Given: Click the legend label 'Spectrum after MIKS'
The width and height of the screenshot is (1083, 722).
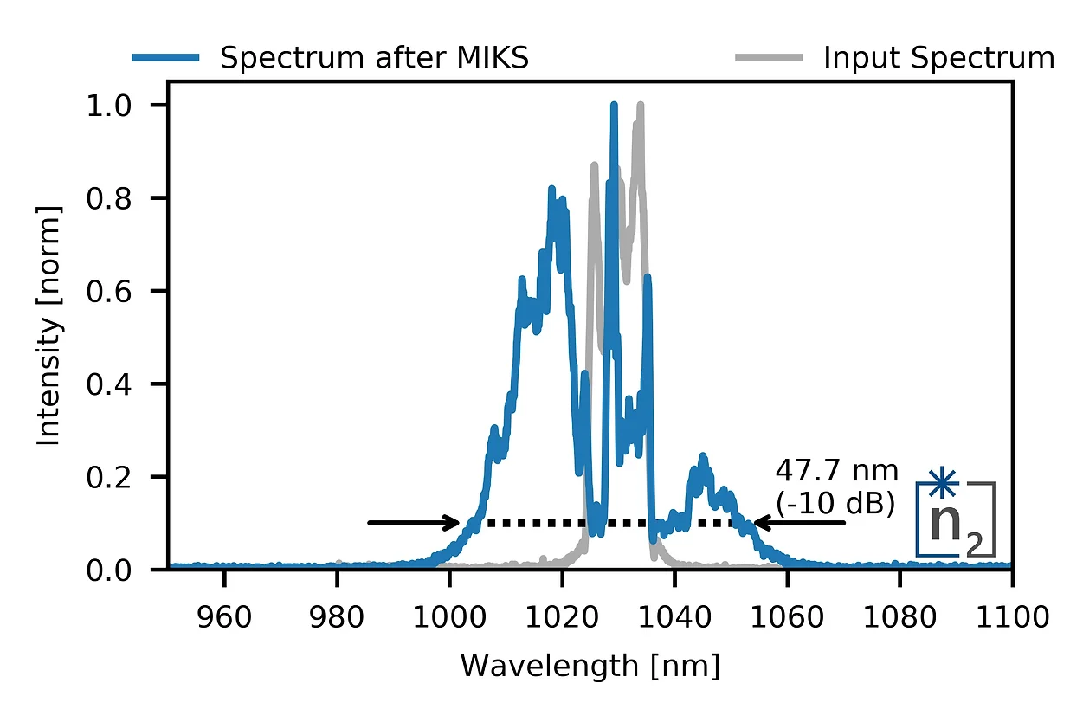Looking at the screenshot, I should pyautogui.click(x=374, y=58).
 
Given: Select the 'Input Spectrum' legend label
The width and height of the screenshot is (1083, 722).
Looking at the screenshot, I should pyautogui.click(x=938, y=58).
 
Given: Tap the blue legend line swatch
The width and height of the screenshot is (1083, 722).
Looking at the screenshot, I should pyautogui.click(x=166, y=58).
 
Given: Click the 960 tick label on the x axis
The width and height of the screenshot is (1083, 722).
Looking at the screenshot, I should pyautogui.click(x=224, y=617).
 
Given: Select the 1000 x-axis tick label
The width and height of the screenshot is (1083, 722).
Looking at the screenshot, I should pyautogui.click(x=449, y=617).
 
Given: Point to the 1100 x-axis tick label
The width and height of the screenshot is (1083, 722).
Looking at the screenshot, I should pyautogui.click(x=1010, y=617).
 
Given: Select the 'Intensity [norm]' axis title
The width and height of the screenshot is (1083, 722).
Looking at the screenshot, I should pyautogui.click(x=50, y=326).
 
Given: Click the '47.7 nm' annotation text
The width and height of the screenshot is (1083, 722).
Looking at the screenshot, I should pyautogui.click(x=836, y=472).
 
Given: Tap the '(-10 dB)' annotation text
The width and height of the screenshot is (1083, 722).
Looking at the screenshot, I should pyautogui.click(x=836, y=503).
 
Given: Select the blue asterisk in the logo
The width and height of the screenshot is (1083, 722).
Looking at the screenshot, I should pyautogui.click(x=941, y=482).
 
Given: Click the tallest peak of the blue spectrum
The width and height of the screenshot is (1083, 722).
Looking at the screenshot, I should pyautogui.click(x=614, y=106).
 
